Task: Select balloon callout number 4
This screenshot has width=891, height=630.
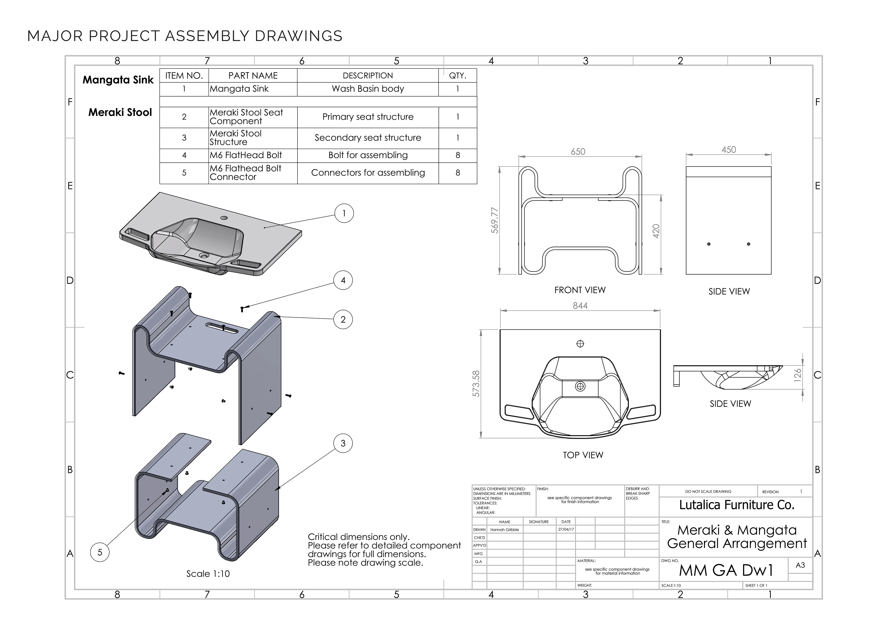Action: coord(343,280)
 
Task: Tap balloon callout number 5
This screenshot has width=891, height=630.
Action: coord(100,552)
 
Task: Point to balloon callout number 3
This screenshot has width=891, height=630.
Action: coord(343,443)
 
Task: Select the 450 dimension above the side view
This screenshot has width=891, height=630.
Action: coord(728,150)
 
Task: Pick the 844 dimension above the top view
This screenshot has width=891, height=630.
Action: coord(580,306)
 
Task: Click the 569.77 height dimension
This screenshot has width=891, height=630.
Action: coord(495,220)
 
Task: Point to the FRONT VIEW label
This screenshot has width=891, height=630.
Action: coord(580,290)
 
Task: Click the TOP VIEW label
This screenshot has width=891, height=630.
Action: coord(583,455)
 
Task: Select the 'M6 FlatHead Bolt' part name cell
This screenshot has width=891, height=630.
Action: coord(246,155)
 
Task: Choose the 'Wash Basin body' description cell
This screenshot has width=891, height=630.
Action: coord(368,89)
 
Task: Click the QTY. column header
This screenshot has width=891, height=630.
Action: coord(458,76)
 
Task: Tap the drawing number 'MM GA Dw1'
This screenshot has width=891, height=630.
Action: coord(726,570)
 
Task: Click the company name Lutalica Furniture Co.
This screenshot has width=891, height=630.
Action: coord(736,505)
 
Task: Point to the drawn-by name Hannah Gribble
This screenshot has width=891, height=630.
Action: coord(504,530)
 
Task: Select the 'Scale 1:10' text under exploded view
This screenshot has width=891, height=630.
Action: coord(208,574)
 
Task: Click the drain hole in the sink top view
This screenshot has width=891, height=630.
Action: coord(580,386)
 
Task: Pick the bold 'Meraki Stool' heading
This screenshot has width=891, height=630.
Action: coord(120,113)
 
